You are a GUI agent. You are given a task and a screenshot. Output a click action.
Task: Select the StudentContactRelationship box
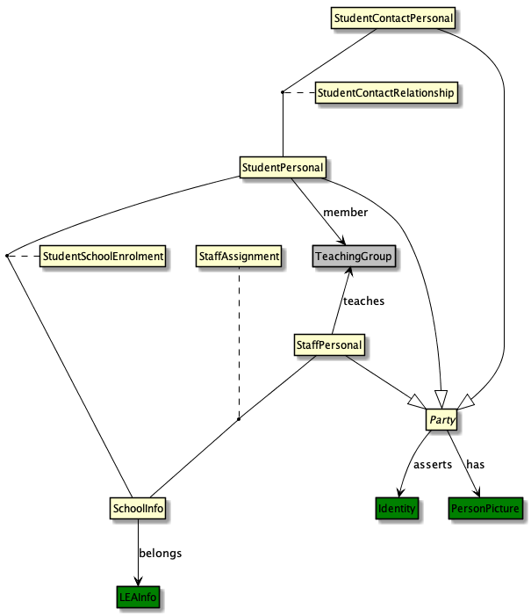(x=386, y=92)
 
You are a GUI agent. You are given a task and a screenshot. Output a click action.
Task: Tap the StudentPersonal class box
(x=283, y=166)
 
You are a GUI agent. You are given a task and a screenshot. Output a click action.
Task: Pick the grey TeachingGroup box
(x=354, y=256)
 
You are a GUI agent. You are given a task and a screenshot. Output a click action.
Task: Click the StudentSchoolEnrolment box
(x=104, y=256)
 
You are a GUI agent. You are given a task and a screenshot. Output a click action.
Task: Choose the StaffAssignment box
(x=239, y=256)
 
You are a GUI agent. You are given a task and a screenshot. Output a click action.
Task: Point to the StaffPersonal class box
(x=328, y=345)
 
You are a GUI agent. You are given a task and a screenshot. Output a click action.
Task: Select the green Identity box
(x=397, y=508)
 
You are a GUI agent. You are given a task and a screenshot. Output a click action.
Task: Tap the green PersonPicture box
(x=485, y=508)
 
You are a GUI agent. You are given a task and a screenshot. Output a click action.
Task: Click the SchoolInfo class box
(x=139, y=508)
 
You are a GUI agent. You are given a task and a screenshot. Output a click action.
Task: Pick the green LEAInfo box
(x=139, y=598)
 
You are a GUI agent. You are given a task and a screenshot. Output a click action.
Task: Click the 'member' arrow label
(x=345, y=213)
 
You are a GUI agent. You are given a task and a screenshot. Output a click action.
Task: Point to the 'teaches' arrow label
(x=363, y=301)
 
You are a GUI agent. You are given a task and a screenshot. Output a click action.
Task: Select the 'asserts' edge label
(x=433, y=464)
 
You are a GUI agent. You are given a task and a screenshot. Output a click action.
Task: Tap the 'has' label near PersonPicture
(x=476, y=464)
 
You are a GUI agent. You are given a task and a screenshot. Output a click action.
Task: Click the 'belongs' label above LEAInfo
(x=161, y=554)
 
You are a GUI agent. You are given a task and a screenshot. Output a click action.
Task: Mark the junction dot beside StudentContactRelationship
(x=282, y=92)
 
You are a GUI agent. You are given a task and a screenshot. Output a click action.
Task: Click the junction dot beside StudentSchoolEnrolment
(x=6, y=256)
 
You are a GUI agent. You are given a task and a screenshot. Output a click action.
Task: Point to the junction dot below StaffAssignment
(x=239, y=419)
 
